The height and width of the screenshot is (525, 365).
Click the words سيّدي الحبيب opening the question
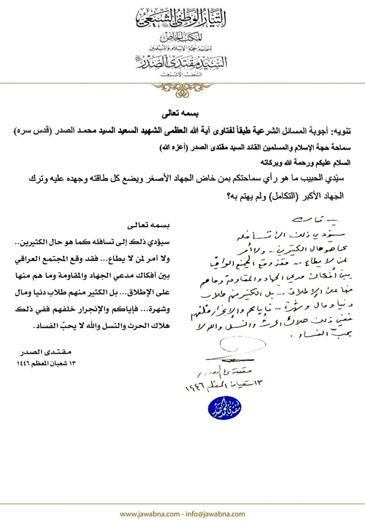pos(322,179)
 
